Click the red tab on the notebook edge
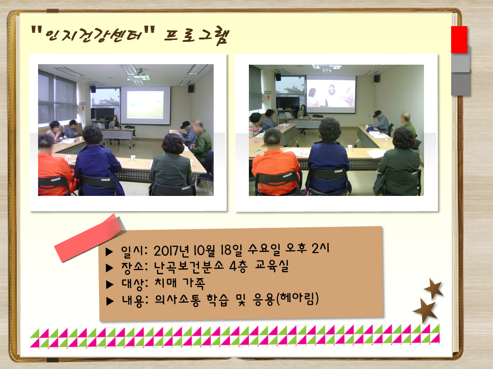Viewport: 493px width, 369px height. [459, 39]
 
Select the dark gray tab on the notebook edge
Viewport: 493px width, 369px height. [461, 84]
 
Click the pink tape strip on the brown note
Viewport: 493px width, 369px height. [90, 238]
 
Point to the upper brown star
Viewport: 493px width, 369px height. [434, 288]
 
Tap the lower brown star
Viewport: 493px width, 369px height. [425, 311]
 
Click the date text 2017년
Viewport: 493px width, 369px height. [172, 251]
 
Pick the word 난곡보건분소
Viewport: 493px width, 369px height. [188, 267]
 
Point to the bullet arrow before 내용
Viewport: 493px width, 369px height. [110, 301]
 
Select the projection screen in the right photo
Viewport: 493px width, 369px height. [331, 94]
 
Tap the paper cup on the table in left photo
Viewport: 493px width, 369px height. [133, 158]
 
